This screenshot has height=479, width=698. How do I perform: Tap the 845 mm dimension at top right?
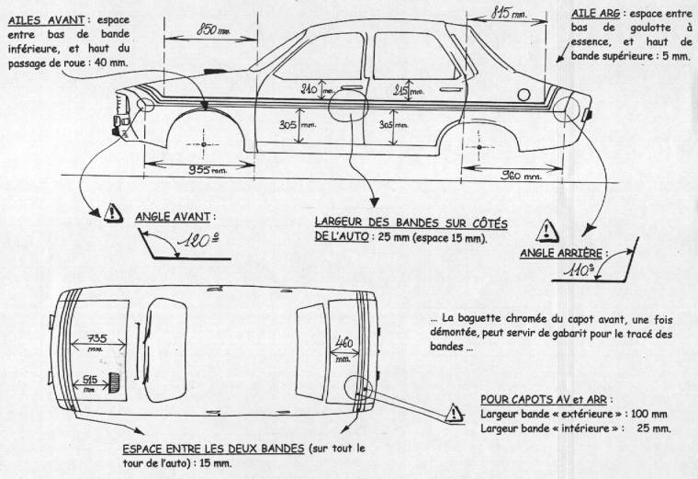click(511, 13)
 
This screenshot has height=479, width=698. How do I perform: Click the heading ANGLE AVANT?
click(175, 218)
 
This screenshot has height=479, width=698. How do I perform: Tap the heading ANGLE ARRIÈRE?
click(560, 252)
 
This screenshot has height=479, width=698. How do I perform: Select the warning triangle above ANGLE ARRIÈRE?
click(547, 229)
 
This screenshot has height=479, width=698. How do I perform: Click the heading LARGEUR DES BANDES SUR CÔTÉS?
click(411, 223)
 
